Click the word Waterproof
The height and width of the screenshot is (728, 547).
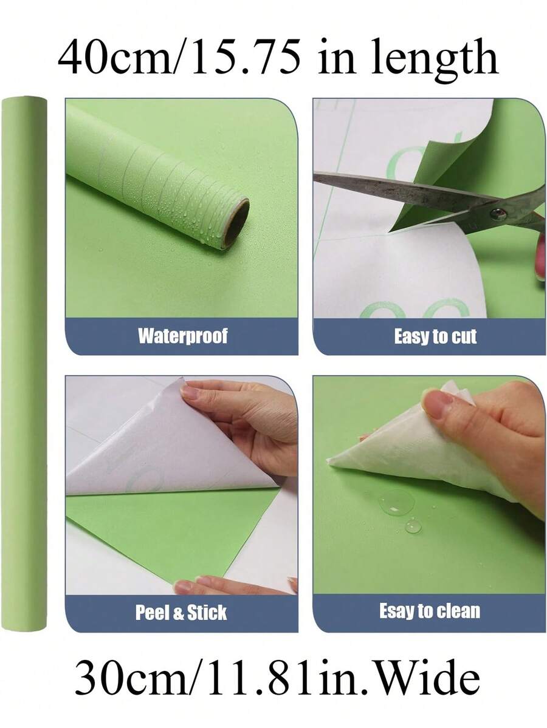[x=182, y=336]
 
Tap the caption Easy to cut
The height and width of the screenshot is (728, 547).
[x=435, y=336]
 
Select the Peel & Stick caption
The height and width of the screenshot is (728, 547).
[x=181, y=612]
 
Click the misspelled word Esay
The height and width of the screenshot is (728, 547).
[x=396, y=610]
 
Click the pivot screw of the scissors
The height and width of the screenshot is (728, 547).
[x=498, y=213]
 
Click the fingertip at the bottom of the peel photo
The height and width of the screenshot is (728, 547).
[x=182, y=587]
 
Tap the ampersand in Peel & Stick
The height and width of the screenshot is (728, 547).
[x=179, y=613]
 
